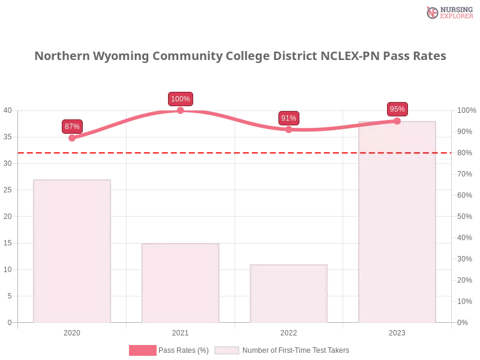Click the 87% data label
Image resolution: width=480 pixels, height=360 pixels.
[x=72, y=127]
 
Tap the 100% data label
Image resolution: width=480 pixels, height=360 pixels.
[x=181, y=99]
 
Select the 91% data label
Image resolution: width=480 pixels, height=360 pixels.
[x=289, y=118]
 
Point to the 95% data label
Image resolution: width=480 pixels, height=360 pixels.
[x=397, y=109]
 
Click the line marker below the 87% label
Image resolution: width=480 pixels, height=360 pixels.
[x=72, y=139]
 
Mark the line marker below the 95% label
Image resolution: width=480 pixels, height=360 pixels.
[x=397, y=121]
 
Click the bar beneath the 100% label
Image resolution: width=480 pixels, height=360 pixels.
[x=180, y=282]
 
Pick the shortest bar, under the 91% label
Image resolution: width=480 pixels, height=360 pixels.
[x=290, y=294]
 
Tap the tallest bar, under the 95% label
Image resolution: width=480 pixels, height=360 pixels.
[x=396, y=222]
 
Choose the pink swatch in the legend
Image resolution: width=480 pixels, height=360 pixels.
[x=143, y=350]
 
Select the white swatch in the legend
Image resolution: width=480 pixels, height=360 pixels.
[x=227, y=350]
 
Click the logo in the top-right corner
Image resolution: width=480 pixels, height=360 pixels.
[x=448, y=12]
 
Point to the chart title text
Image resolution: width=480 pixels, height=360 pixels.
[x=240, y=56]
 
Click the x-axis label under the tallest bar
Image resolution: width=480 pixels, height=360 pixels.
[x=397, y=332]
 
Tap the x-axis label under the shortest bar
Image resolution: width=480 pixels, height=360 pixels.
[x=288, y=332]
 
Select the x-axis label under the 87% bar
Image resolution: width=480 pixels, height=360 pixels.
[x=72, y=332]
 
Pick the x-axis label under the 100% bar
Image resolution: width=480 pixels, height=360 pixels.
[x=179, y=332]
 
